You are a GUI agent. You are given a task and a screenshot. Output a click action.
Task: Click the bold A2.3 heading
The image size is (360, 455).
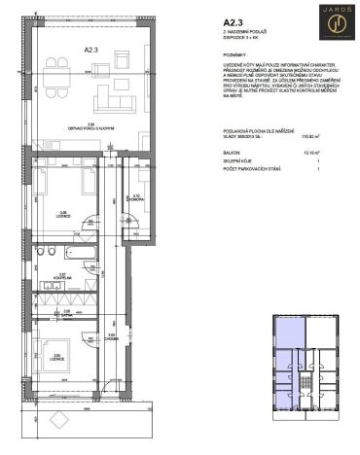click(x=234, y=21)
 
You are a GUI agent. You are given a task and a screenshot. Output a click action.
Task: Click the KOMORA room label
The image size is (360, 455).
click(x=136, y=198)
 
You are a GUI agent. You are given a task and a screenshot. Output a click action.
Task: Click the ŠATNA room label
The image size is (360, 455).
click(x=65, y=316)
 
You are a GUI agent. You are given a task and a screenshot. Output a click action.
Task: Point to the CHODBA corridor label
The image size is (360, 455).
click(x=112, y=336)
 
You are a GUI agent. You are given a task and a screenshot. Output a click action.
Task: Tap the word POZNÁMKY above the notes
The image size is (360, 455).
click(x=237, y=57)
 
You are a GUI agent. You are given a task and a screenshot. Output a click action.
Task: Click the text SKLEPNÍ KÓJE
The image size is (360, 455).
click(x=237, y=161)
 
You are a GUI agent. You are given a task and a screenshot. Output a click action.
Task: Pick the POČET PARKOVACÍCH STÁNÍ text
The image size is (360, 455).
click(x=252, y=171)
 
